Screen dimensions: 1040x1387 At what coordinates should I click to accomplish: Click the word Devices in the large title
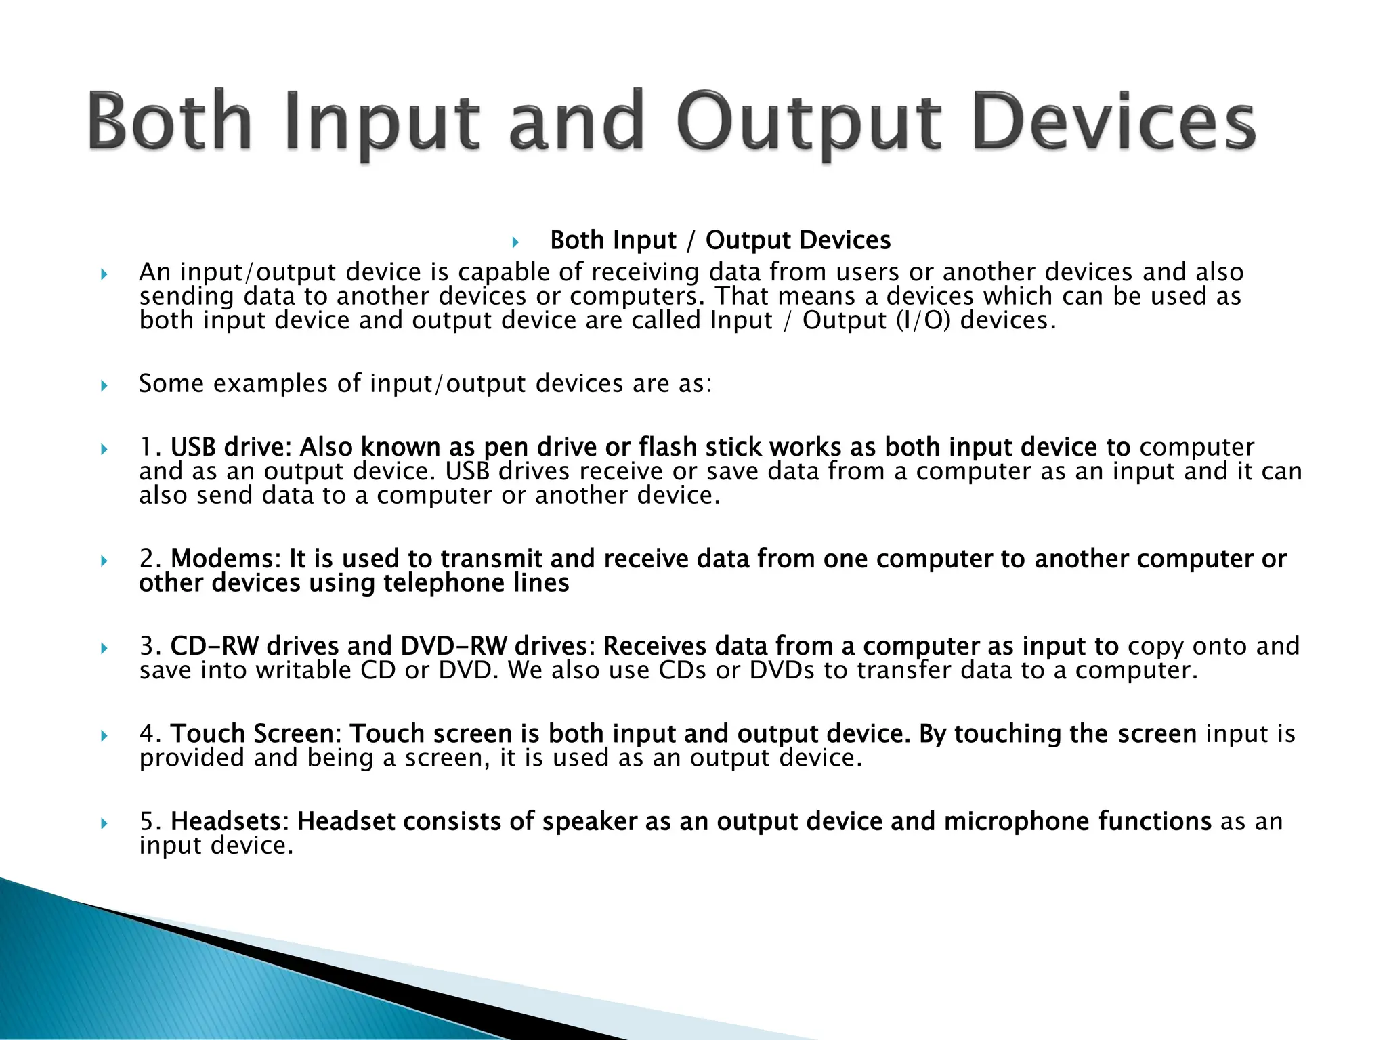1114,122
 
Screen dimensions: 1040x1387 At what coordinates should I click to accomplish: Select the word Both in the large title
169,122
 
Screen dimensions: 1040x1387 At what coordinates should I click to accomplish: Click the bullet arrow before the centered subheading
515,242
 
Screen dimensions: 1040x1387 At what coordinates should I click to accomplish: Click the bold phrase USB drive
230,448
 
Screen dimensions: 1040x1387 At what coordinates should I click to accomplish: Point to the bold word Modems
221,559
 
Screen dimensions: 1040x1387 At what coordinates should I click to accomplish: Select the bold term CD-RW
213,647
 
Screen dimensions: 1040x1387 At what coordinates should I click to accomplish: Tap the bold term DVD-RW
453,647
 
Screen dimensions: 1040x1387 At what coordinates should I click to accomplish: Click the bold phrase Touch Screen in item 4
251,734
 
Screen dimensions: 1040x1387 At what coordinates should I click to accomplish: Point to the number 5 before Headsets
147,821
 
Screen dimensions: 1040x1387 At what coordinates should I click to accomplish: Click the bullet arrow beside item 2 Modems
104,561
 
